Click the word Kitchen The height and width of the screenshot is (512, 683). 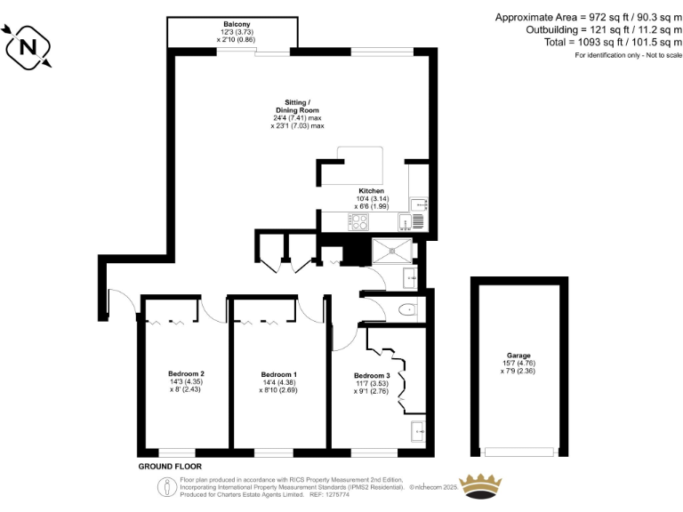pyautogui.click(x=371, y=191)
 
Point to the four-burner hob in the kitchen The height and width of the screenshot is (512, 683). pyautogui.click(x=358, y=222)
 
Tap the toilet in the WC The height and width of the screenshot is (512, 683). pyautogui.click(x=407, y=309)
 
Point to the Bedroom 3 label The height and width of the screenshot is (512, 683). pyautogui.click(x=372, y=376)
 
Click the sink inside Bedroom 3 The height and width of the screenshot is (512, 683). pyautogui.click(x=417, y=433)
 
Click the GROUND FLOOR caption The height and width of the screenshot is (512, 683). pyautogui.click(x=170, y=466)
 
